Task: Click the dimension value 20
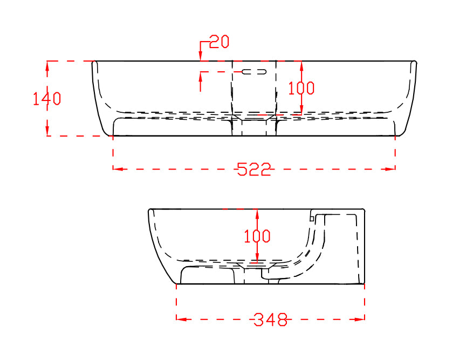point(220,42)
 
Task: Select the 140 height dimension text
point(47,99)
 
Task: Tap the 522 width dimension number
point(254,169)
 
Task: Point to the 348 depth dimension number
point(270,320)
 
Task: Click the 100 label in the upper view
point(301,88)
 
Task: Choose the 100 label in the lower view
point(257,236)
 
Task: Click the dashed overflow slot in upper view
point(254,72)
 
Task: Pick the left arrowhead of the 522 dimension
point(118,169)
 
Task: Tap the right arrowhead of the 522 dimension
point(390,169)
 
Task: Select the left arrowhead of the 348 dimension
point(181,319)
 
